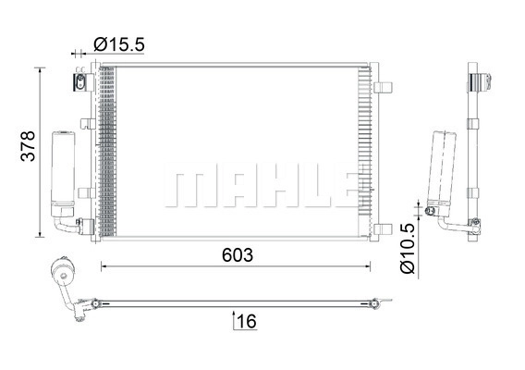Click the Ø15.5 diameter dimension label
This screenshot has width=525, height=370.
[x=119, y=44]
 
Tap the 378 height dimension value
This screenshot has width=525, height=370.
[x=28, y=146]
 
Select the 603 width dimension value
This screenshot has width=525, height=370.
[x=238, y=255]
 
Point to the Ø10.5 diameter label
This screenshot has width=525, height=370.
[x=408, y=248]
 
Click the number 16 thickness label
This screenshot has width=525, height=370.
[x=247, y=321]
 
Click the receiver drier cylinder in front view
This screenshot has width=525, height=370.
[x=63, y=174]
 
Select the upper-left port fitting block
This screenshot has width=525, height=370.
[x=82, y=82]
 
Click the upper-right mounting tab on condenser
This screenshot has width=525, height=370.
[x=383, y=88]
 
